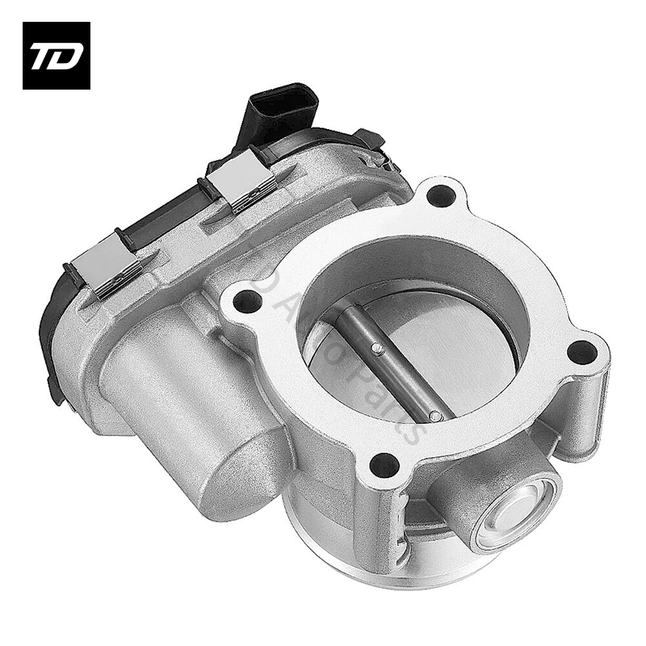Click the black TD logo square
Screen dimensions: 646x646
(x=56, y=56)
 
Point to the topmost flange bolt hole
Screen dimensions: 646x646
(x=438, y=195)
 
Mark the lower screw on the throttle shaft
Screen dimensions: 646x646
(x=435, y=416)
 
